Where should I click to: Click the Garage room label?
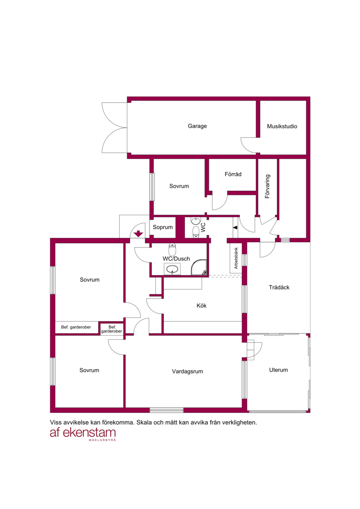[197, 126]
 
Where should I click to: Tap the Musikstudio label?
[282, 126]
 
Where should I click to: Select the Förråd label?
[233, 174]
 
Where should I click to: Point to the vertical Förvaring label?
[267, 186]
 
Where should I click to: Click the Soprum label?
[162, 227]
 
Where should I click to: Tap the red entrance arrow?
[139, 234]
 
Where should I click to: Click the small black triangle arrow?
[235, 228]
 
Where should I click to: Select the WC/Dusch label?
[176, 259]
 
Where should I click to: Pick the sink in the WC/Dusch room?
[172, 269]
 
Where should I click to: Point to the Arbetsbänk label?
[236, 258]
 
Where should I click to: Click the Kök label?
[201, 306]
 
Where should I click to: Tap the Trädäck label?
[279, 287]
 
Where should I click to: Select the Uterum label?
[278, 370]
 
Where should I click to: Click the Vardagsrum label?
[187, 371]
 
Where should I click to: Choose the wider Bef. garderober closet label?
[76, 327]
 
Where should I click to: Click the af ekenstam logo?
[83, 434]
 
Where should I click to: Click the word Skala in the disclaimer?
[144, 423]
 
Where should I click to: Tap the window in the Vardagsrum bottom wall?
[166, 410]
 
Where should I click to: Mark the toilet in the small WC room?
[196, 232]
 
